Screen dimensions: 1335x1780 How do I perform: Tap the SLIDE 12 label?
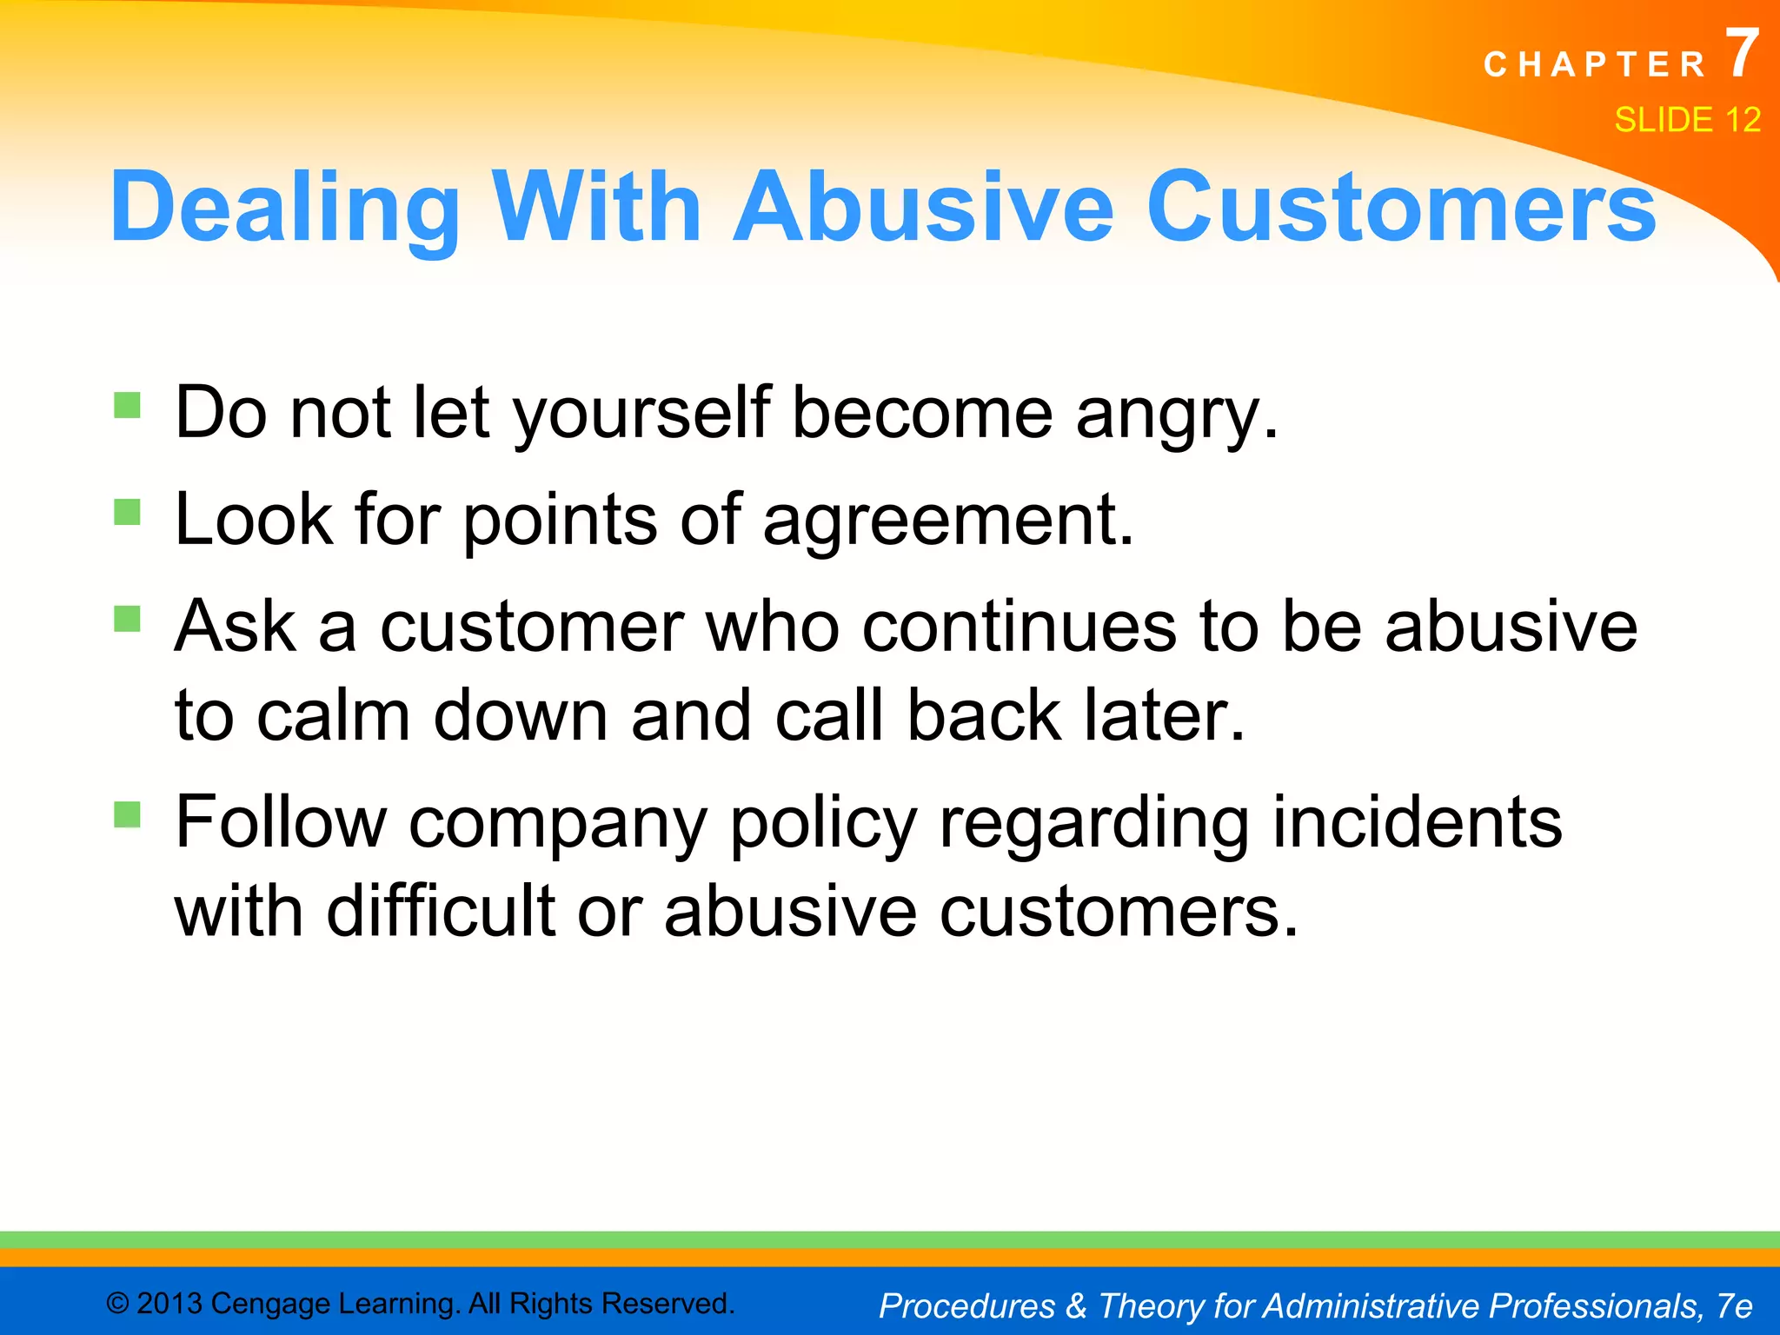click(1687, 120)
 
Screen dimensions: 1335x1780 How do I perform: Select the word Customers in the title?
click(1401, 207)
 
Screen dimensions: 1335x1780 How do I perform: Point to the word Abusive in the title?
click(923, 207)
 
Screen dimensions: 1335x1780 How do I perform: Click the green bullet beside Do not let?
click(128, 405)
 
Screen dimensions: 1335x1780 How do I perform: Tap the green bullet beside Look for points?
click(128, 512)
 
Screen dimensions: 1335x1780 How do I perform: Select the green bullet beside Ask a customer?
click(128, 619)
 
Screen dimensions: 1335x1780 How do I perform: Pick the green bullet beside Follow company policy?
click(128, 814)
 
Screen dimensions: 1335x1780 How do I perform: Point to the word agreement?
click(948, 520)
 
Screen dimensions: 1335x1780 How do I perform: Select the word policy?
click(822, 824)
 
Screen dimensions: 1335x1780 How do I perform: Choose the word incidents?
click(1417, 822)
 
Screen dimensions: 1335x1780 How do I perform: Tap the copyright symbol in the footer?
click(117, 1304)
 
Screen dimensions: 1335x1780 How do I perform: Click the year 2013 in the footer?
click(169, 1304)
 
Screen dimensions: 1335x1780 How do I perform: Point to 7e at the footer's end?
click(1735, 1305)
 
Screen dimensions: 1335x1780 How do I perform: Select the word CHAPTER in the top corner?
click(1595, 65)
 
